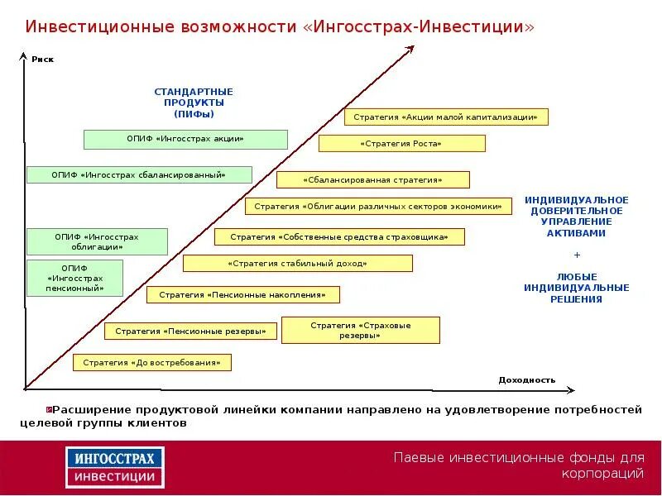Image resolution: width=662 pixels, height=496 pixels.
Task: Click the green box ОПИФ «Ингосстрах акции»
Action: [x=185, y=139]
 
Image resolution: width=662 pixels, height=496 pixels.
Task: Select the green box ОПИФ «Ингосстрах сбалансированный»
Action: [x=138, y=174]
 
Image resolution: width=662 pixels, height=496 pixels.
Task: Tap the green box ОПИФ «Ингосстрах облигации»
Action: [x=97, y=241]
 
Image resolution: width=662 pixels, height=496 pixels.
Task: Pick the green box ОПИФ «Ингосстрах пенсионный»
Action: [x=75, y=278]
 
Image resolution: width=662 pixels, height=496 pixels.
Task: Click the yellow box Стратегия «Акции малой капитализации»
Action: [x=446, y=117]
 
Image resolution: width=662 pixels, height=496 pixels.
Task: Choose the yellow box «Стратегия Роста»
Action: [x=401, y=143]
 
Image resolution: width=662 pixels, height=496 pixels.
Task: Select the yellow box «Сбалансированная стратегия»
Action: [x=372, y=179]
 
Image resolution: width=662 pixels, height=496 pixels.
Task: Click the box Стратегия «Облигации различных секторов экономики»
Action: [x=378, y=206]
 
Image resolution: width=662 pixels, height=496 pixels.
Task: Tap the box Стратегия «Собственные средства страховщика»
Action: [x=339, y=236]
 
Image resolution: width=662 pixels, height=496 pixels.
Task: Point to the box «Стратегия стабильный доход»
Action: [x=297, y=263]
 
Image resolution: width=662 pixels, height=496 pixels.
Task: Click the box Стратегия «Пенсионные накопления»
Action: [x=243, y=293]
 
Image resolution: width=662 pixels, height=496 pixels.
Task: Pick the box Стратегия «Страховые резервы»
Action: [x=361, y=330]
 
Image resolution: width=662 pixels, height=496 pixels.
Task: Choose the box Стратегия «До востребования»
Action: [x=152, y=362]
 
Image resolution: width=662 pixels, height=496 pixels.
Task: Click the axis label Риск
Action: [x=42, y=60]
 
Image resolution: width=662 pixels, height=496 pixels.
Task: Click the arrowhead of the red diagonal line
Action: [x=409, y=49]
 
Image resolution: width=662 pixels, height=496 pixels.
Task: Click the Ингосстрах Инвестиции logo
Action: [x=115, y=466]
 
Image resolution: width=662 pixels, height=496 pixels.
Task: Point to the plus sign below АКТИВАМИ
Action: [x=577, y=255]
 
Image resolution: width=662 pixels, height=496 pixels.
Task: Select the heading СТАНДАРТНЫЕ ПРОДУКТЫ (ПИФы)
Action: [x=194, y=103]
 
